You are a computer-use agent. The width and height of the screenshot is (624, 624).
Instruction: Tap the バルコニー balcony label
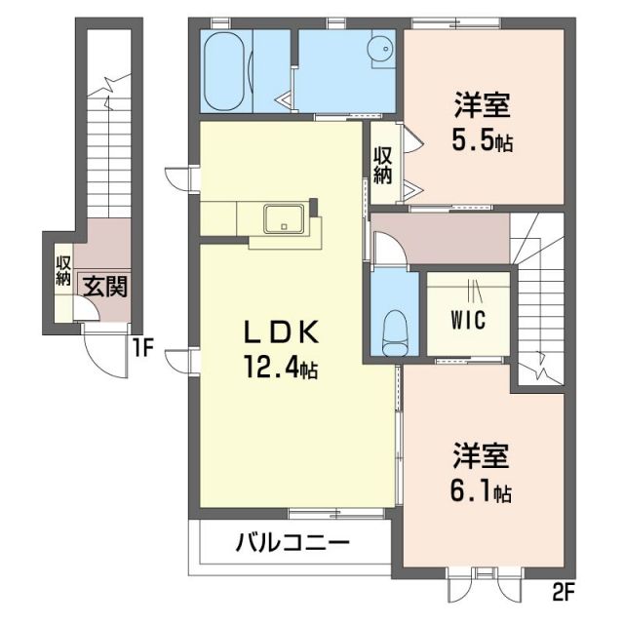(x=291, y=542)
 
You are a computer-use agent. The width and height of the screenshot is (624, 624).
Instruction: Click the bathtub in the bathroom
(x=227, y=71)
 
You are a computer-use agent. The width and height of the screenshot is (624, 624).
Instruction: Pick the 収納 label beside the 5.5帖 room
(x=383, y=166)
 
